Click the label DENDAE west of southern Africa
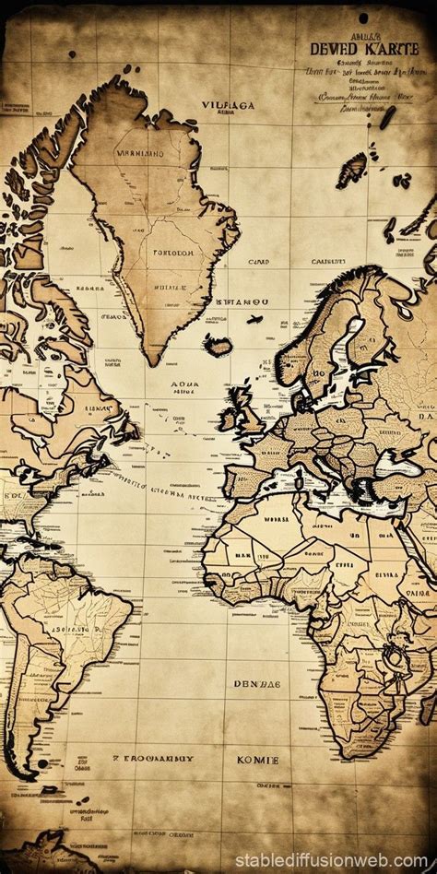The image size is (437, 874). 256,685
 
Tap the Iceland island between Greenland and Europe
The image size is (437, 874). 219,346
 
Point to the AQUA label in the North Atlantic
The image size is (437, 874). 185,388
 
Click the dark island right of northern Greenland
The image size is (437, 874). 352,169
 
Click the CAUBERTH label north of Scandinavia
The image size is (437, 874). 327,262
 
